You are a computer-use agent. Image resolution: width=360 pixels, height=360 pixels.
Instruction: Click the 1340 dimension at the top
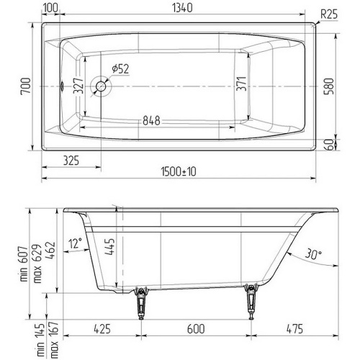tap(182, 8)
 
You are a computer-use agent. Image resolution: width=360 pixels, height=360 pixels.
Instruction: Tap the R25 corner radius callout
tap(329, 14)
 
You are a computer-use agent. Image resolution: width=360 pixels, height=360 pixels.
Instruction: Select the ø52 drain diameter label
tap(120, 69)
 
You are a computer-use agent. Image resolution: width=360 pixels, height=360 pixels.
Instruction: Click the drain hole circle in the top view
tap(101, 86)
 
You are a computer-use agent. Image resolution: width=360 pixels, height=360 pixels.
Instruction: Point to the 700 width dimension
tap(26, 86)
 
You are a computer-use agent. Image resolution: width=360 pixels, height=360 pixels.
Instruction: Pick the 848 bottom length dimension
tap(151, 120)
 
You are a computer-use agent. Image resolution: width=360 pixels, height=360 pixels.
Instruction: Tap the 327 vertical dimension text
tap(78, 86)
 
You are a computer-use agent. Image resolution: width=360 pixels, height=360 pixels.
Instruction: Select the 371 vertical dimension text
tap(241, 84)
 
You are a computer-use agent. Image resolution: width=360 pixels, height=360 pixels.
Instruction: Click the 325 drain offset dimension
tap(71, 161)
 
